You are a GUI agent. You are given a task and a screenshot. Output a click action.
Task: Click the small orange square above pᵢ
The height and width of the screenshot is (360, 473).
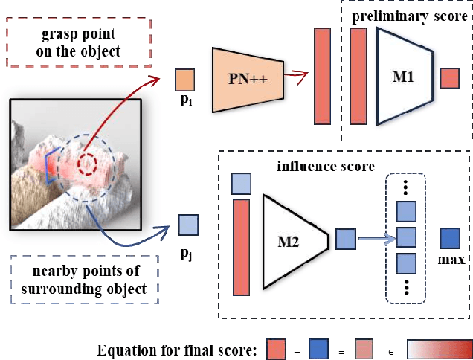[x=185, y=79]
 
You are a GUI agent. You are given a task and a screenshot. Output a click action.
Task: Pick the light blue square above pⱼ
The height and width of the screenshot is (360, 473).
[x=189, y=222]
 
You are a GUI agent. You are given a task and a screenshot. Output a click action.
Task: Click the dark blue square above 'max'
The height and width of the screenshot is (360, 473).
[x=451, y=238]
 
